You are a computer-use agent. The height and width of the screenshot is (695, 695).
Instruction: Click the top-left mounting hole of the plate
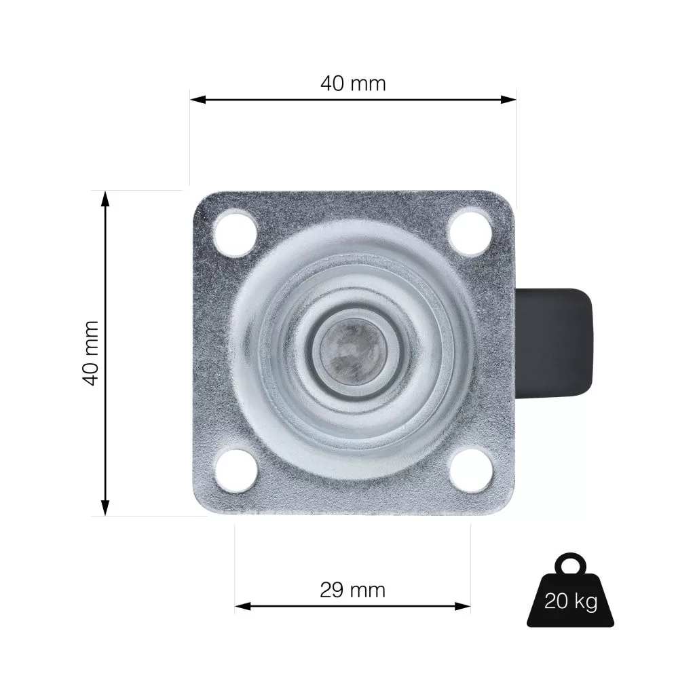click(236, 234)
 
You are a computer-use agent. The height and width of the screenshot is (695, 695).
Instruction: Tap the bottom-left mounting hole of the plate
click(236, 470)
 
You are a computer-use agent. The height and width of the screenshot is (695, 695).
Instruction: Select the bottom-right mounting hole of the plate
click(471, 470)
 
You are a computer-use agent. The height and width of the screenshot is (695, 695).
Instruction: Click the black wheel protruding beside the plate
click(554, 343)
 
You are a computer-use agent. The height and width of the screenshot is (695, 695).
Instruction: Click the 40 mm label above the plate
click(353, 83)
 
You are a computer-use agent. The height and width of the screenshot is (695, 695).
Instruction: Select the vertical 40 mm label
click(90, 353)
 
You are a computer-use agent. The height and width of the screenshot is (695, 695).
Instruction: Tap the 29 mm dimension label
click(353, 590)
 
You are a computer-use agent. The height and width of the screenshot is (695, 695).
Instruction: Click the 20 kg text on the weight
click(571, 601)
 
